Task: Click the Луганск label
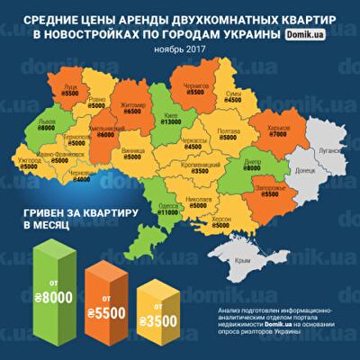point(330,152)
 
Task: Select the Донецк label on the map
point(304,169)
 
